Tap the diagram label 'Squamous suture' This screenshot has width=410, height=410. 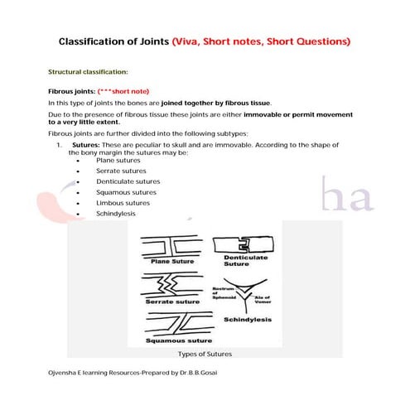click(176, 340)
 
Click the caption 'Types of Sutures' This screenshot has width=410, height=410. click(205, 354)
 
